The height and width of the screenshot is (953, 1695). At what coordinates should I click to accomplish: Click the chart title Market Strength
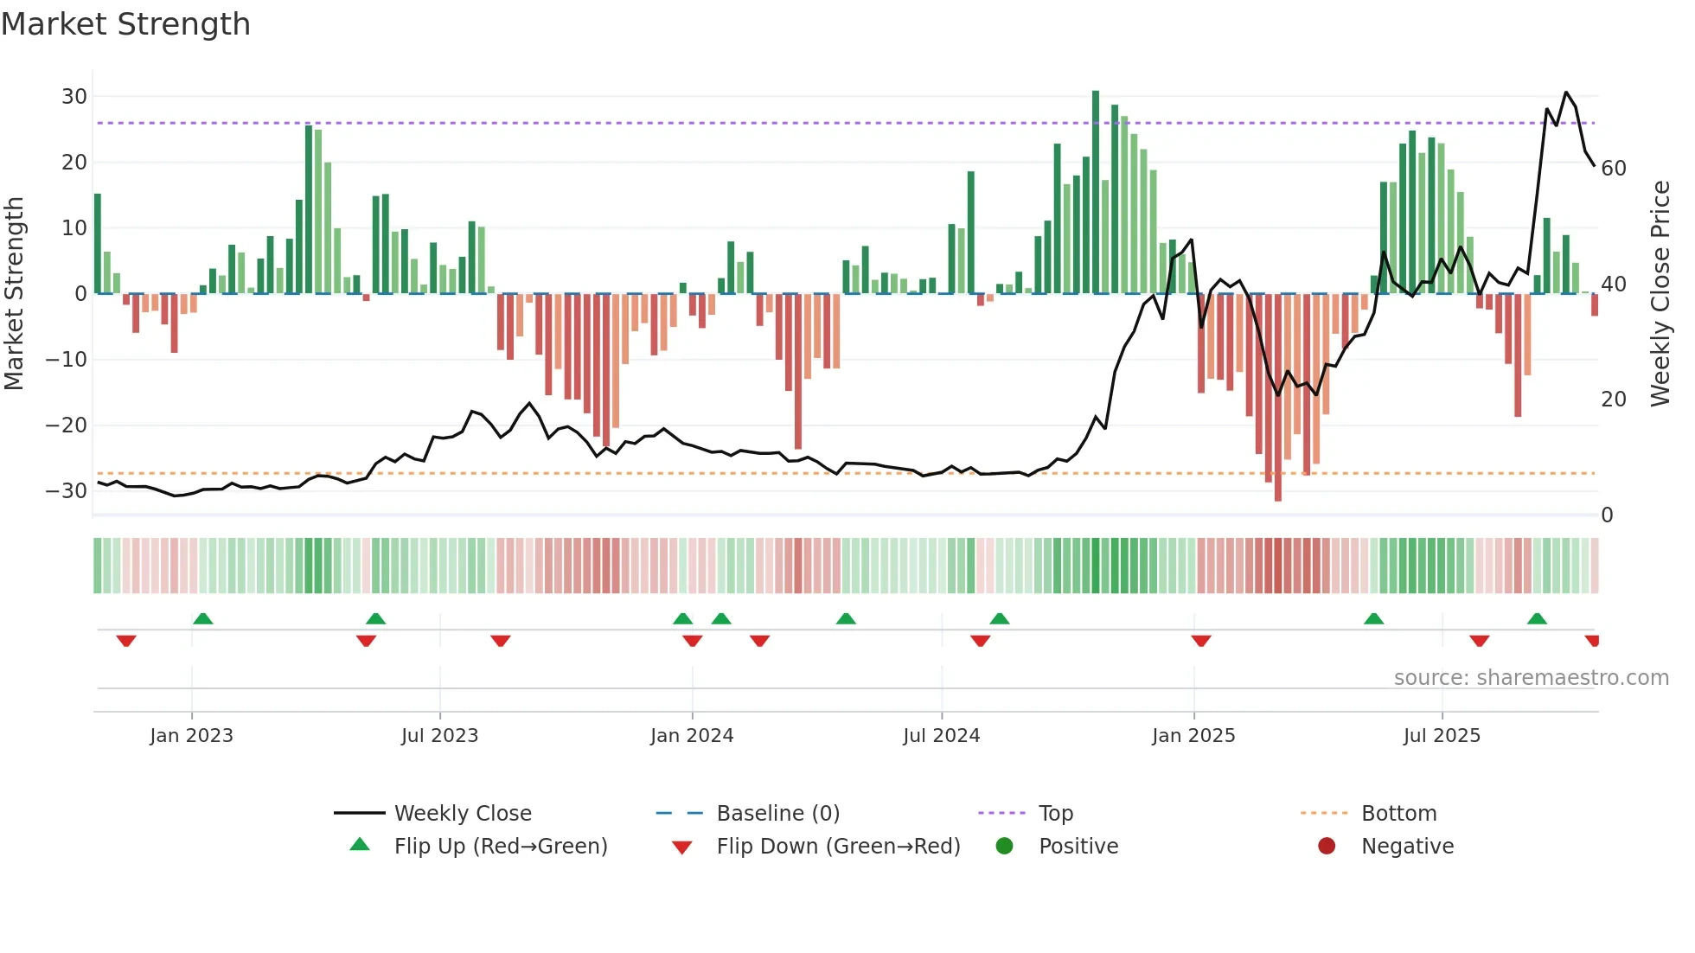coord(126,24)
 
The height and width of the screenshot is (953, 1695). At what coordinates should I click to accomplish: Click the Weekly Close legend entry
coord(462,814)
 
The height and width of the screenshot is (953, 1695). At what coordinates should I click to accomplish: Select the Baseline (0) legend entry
coord(777,814)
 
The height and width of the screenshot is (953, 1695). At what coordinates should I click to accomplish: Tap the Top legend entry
coord(1055,814)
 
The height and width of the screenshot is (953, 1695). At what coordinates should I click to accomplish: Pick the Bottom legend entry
coord(1398,814)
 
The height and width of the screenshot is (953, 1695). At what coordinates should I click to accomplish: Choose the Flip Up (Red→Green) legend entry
coord(500,847)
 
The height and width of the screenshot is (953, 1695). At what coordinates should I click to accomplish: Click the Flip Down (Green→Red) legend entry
coord(837,847)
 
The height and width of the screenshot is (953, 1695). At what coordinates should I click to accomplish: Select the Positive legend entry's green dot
coord(1004,846)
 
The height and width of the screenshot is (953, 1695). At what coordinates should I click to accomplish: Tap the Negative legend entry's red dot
coord(1327,846)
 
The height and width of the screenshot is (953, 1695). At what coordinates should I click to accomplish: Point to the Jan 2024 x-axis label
coord(692,736)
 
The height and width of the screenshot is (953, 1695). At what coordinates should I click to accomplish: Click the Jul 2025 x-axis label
coord(1442,736)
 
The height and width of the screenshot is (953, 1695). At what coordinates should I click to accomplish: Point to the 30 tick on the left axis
coord(74,97)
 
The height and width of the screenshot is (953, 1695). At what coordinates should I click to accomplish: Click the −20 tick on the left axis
coord(67,425)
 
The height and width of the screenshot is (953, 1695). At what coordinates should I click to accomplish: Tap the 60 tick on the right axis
coord(1614,169)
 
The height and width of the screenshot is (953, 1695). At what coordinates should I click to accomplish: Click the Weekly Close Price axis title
coord(1660,294)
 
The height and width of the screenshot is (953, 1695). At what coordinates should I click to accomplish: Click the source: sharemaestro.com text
coord(1531,678)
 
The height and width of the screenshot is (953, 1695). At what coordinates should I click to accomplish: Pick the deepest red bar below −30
coord(1278,398)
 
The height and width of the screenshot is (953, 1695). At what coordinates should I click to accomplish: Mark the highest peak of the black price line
coord(1566,93)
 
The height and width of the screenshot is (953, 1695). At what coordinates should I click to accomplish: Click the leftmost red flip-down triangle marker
coord(126,641)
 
